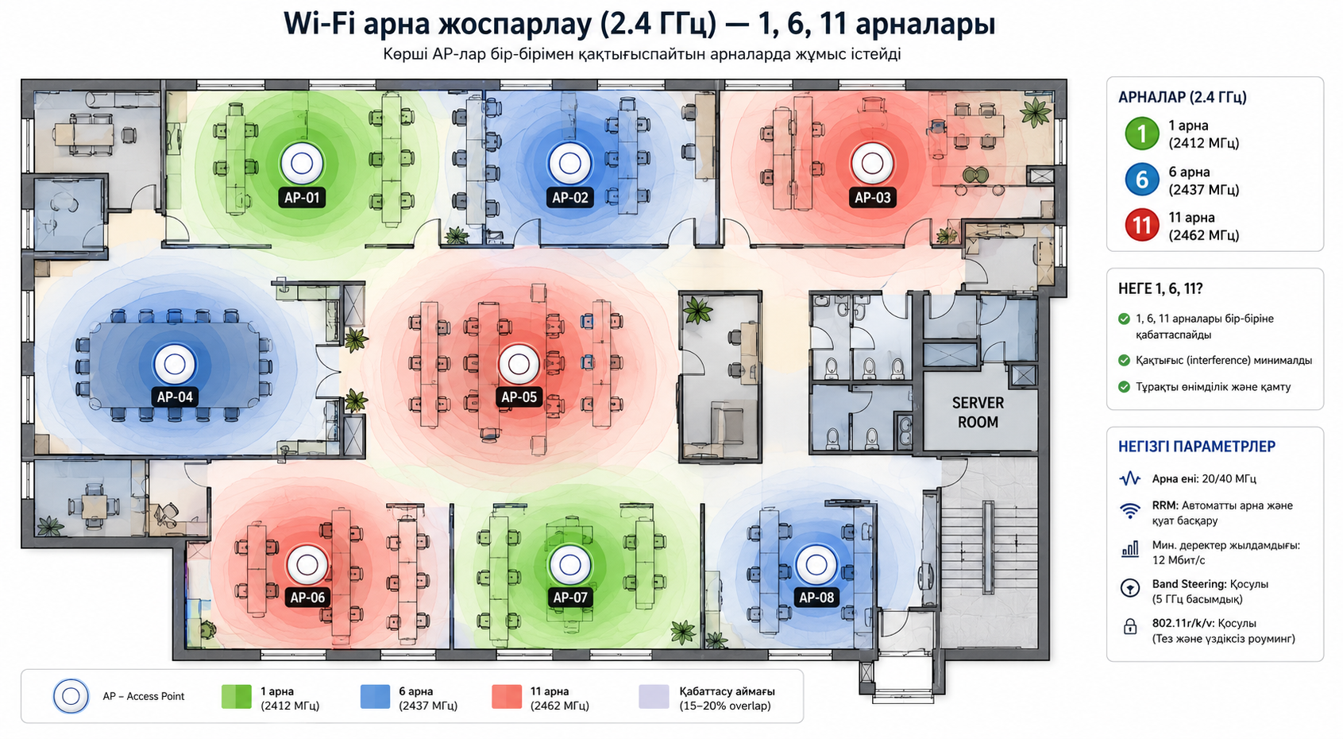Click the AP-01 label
[x=302, y=197]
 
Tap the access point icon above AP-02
[x=569, y=163]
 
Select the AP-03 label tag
[x=872, y=197]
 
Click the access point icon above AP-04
[x=175, y=364]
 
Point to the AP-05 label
[x=519, y=397]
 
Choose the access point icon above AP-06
[x=307, y=565]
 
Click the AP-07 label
[x=569, y=598]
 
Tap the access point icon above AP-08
[x=816, y=565]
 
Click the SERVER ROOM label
[x=978, y=412]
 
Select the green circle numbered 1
[x=1141, y=133]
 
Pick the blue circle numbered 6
[x=1141, y=180]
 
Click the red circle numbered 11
[x=1141, y=225]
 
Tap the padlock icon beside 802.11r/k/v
[x=1129, y=627]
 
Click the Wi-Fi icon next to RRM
[x=1130, y=511]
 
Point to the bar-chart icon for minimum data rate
[x=1130, y=549]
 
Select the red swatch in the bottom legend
[x=507, y=697]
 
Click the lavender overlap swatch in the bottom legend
[x=654, y=697]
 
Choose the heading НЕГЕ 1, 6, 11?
[x=1160, y=289]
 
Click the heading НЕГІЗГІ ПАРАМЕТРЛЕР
[x=1197, y=447]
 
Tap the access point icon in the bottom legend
[x=71, y=696]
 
